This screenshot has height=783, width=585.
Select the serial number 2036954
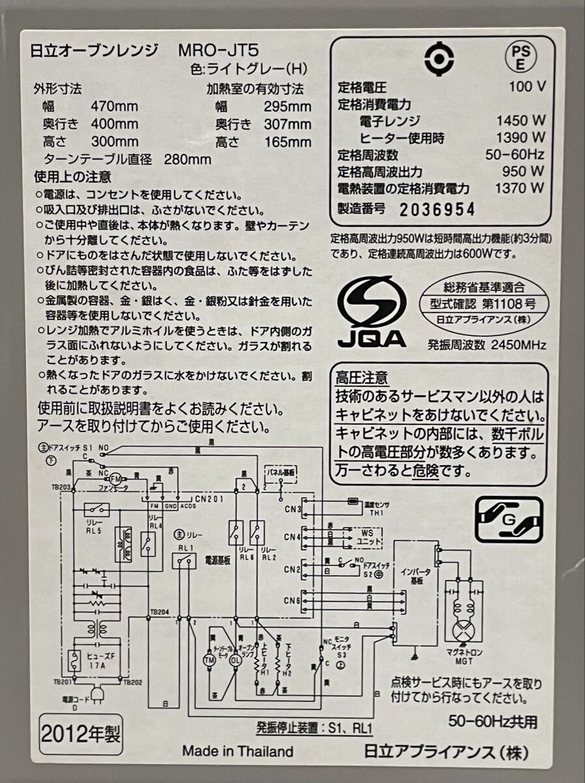tap(437, 209)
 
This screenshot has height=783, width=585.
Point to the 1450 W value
tap(520, 121)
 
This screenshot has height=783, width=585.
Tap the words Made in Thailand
tap(237, 751)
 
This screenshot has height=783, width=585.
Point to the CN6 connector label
tap(292, 600)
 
